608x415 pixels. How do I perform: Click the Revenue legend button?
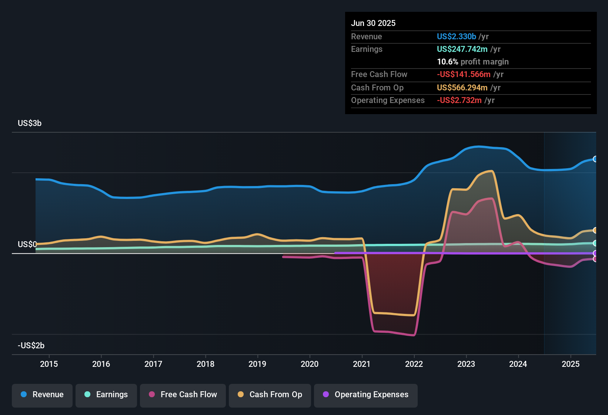pyautogui.click(x=42, y=395)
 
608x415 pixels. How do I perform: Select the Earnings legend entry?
pyautogui.click(x=106, y=395)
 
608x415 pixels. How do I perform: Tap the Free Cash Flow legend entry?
pyautogui.click(x=183, y=395)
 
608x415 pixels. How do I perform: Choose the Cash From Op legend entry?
pyautogui.click(x=270, y=395)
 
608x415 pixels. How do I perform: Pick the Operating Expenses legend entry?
pyautogui.click(x=366, y=395)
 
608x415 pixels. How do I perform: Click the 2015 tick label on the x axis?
pyautogui.click(x=49, y=364)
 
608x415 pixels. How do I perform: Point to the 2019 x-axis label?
pyautogui.click(x=257, y=364)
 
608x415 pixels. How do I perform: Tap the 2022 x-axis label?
pyautogui.click(x=414, y=364)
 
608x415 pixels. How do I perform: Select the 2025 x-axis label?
pyautogui.click(x=571, y=364)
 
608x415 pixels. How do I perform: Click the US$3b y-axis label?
pyautogui.click(x=30, y=123)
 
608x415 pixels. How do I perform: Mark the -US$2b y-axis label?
pyautogui.click(x=31, y=345)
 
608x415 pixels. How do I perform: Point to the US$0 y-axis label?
pyautogui.click(x=27, y=244)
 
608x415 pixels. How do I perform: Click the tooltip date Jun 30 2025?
pyautogui.click(x=373, y=23)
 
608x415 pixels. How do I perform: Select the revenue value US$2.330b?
pyautogui.click(x=456, y=36)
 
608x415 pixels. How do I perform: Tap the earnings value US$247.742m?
pyautogui.click(x=462, y=49)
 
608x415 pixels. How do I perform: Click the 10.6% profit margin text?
pyautogui.click(x=472, y=62)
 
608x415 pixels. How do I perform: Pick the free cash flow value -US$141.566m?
pyautogui.click(x=464, y=74)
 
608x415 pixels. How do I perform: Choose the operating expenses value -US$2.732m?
pyautogui.click(x=459, y=100)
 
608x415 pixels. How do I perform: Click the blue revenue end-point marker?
pyautogui.click(x=595, y=159)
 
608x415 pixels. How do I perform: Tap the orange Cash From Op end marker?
pyautogui.click(x=595, y=230)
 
